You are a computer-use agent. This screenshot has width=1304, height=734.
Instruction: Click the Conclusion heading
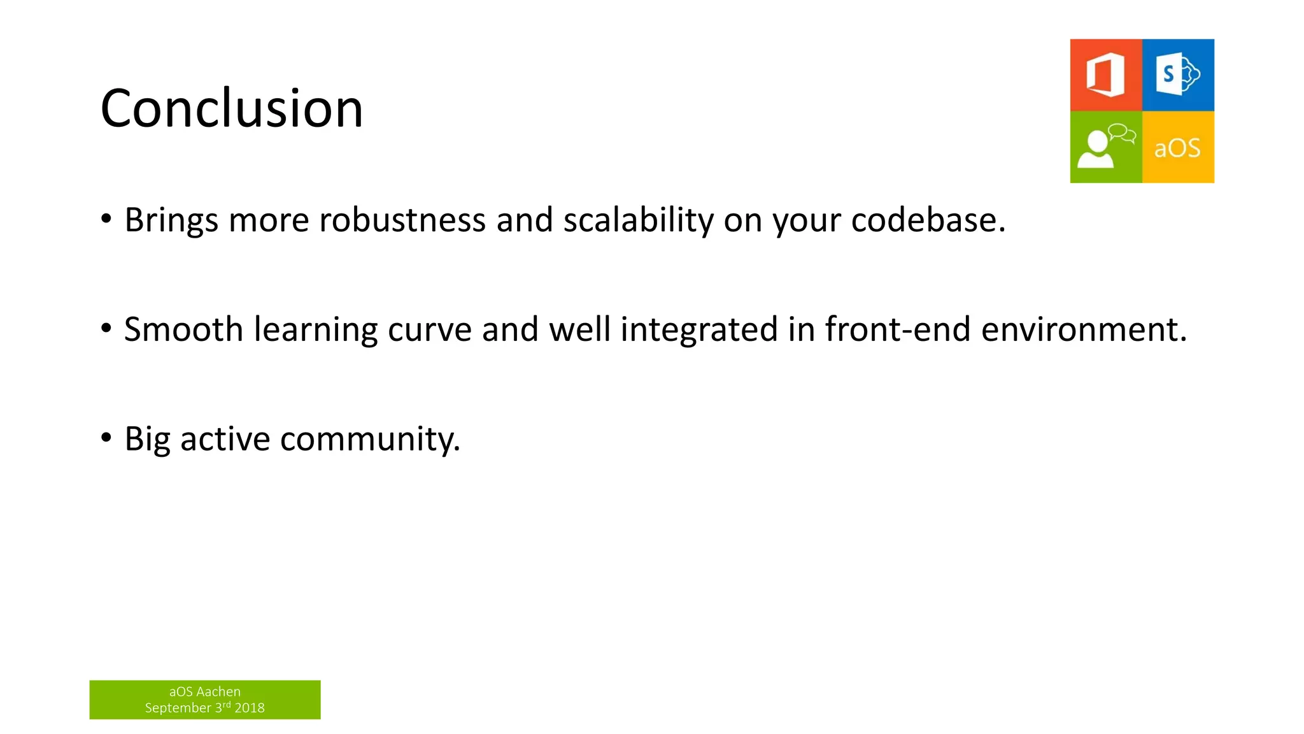click(232, 108)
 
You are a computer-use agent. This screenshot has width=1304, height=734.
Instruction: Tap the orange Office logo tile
click(1106, 75)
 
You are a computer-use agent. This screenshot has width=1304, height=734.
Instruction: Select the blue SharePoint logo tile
click(1178, 75)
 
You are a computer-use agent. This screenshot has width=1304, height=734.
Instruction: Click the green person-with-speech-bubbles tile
click(1106, 147)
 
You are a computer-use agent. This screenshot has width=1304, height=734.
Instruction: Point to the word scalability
click(638, 220)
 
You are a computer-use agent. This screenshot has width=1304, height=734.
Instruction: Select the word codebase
click(927, 220)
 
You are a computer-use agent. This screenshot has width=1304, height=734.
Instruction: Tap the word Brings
click(171, 220)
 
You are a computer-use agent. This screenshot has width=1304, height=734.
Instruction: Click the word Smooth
click(183, 330)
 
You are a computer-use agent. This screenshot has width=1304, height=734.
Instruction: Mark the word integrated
click(699, 330)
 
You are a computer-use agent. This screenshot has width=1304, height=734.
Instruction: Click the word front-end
click(898, 330)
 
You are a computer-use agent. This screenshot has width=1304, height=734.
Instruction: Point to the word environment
click(1082, 330)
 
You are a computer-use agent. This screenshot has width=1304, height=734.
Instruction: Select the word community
click(369, 440)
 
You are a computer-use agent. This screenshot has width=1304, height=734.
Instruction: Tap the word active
click(225, 440)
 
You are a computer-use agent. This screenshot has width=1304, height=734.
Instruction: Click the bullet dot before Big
click(106, 438)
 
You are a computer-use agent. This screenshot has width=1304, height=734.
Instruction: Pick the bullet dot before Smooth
click(106, 328)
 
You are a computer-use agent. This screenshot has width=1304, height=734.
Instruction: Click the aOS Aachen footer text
click(204, 691)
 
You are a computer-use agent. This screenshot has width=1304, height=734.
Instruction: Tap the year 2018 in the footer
click(250, 708)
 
